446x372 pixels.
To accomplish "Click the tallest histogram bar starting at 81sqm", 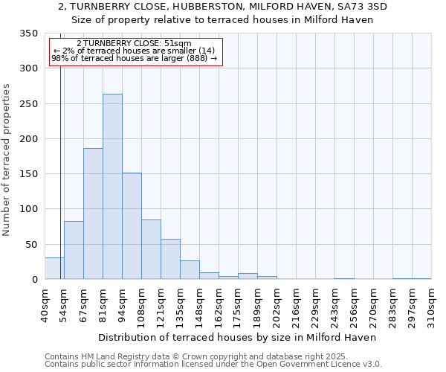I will pos(112,187).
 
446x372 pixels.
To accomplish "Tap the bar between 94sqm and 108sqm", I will pos(132,226).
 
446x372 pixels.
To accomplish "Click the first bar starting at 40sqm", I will pos(54,269).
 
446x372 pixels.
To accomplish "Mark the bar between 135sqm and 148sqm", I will pos(190,270).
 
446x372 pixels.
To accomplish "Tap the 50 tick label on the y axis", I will pos(31,244).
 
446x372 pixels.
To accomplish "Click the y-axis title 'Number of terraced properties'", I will pos(7,160).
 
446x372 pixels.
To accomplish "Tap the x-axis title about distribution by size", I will pos(237,337).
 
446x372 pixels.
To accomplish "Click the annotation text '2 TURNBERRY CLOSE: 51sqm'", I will pos(134,43).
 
